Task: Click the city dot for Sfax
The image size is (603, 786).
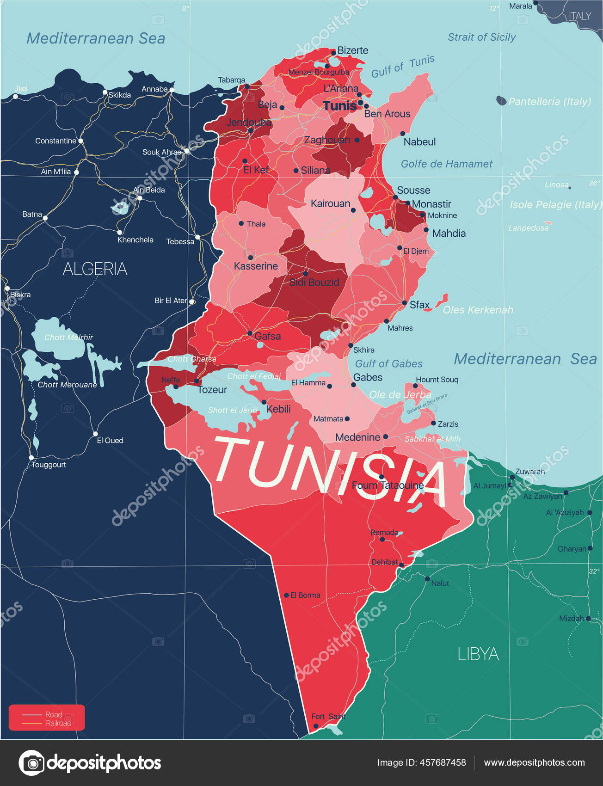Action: coord(404,303)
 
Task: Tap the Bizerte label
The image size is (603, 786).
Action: coord(353,50)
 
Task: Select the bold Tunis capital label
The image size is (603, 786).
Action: coord(340,106)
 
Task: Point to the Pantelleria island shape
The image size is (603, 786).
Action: coord(501,100)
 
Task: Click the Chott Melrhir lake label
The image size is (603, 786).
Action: coord(68,338)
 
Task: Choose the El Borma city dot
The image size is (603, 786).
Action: coord(286,595)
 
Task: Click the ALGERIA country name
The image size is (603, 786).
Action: coord(95,269)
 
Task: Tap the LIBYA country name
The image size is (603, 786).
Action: coord(478,654)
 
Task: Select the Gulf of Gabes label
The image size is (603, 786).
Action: coord(388,364)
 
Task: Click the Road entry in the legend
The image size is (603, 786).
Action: coord(54,714)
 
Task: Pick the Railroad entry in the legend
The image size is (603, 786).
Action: coord(58,723)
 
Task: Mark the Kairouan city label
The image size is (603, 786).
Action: coord(330,203)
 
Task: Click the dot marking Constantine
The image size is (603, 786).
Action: coord(81,141)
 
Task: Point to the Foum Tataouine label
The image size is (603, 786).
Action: coord(388,485)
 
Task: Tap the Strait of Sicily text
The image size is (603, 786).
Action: coord(481,37)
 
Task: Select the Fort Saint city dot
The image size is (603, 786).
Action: coord(316,726)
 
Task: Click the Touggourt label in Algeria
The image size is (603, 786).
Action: coord(49,465)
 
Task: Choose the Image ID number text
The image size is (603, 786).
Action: coord(421,762)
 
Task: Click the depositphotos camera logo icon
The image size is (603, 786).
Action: coord(31,762)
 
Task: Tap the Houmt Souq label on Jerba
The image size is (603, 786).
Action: coord(437,380)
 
